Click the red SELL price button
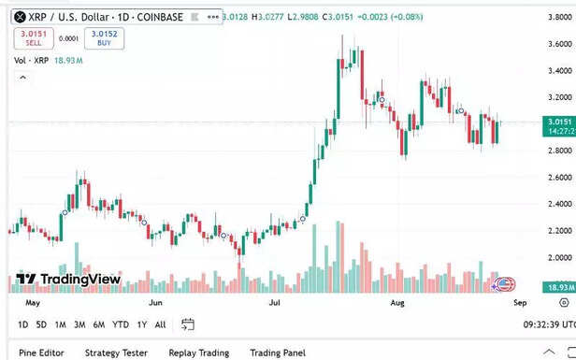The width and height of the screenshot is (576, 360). pyautogui.click(x=34, y=38)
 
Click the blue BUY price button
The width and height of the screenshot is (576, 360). pyautogui.click(x=104, y=38)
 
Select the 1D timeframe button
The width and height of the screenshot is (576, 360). pyautogui.click(x=22, y=324)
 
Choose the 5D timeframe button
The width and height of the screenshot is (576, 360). pyautogui.click(x=41, y=324)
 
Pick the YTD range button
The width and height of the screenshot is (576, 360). pyautogui.click(x=121, y=324)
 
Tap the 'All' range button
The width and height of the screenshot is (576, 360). pyautogui.click(x=161, y=324)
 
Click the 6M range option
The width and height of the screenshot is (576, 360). pyautogui.click(x=99, y=324)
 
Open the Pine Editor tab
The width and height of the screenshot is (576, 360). pyautogui.click(x=41, y=353)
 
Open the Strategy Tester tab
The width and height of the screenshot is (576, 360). pyautogui.click(x=116, y=353)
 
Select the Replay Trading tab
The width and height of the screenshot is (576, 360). pyautogui.click(x=198, y=353)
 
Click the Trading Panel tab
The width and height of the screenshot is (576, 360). pyautogui.click(x=278, y=353)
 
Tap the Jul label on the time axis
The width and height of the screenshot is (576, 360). pyautogui.click(x=276, y=303)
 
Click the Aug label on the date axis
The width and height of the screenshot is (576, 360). pyautogui.click(x=397, y=303)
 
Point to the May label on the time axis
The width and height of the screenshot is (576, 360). pyautogui.click(x=33, y=303)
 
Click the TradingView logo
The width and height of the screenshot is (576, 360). pyautogui.click(x=68, y=279)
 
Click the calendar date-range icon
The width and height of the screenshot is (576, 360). pyautogui.click(x=188, y=324)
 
